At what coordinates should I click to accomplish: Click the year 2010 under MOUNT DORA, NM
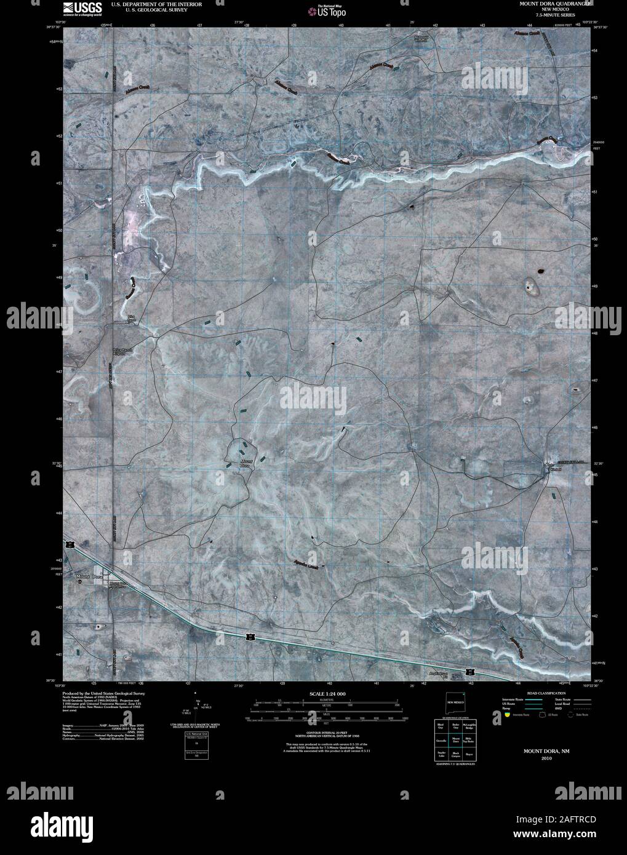coord(546,759)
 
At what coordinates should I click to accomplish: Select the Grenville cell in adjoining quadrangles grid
coord(441,741)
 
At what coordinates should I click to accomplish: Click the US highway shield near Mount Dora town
coord(72,544)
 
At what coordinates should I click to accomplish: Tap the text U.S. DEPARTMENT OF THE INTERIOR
coord(156,4)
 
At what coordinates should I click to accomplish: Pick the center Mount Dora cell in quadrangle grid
coord(456,741)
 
